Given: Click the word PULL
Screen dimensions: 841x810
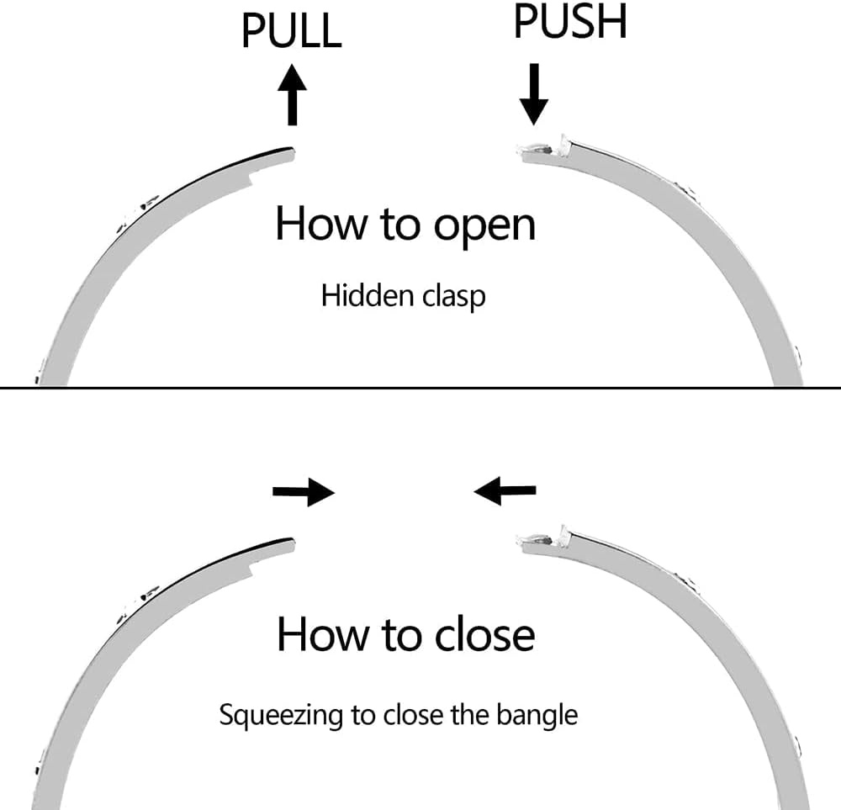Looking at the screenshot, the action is [x=291, y=30].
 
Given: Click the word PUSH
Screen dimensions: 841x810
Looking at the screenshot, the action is [x=570, y=22].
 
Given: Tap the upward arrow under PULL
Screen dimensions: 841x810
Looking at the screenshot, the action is [x=293, y=94].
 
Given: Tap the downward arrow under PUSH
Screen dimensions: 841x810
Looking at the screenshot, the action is [x=534, y=94].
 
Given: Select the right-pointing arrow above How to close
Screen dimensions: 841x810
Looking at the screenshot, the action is [x=304, y=491].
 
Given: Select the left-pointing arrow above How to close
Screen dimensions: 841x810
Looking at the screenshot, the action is [x=505, y=490].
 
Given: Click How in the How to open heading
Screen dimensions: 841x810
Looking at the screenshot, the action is [x=320, y=223].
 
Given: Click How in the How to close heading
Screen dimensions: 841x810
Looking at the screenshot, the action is [x=321, y=634].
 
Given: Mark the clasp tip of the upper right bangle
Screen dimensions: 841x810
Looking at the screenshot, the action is [x=519, y=150].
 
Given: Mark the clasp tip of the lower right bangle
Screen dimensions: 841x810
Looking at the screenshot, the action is [x=519, y=541].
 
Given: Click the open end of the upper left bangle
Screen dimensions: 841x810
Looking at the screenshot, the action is [x=293, y=154].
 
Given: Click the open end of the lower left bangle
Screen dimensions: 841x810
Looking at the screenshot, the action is [x=293, y=545].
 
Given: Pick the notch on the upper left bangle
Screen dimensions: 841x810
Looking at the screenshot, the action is [x=251, y=177].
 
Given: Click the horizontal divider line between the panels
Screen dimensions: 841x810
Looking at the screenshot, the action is [x=420, y=387].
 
